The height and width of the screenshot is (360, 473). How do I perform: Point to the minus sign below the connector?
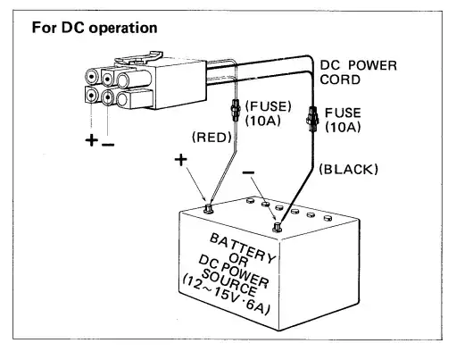click(108, 143)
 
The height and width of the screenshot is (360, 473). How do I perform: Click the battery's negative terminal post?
click(276, 228)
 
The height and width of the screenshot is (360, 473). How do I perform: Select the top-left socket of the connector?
click(94, 76)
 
